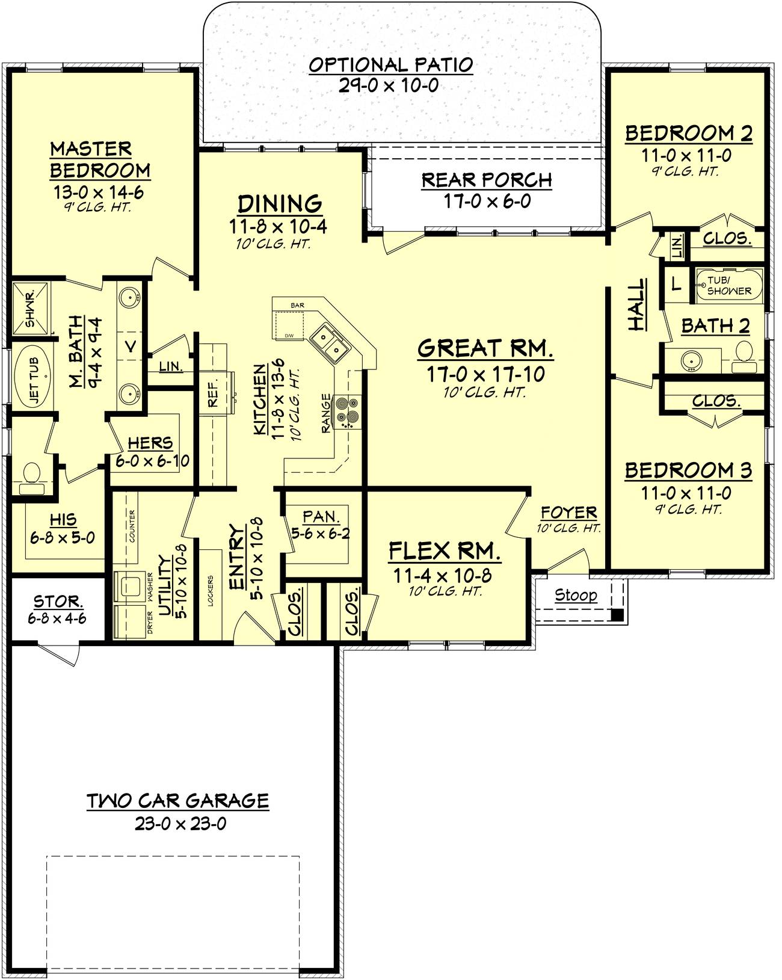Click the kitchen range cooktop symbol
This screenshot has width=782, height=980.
coord(348,411)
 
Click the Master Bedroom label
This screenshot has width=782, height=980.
coord(100,159)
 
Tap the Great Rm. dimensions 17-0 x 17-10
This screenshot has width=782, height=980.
coord(485,374)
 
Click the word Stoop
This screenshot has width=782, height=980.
coord(576,594)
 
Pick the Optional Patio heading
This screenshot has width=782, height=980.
coord(391,64)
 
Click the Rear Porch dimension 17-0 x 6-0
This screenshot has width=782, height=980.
coord(487,201)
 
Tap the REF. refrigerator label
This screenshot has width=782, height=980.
coord(213,393)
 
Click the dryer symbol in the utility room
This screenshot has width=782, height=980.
coord(131,621)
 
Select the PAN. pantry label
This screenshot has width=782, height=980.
coord(322,516)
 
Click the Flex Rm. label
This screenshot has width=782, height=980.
coord(445,550)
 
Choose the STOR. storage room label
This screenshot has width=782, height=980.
coord(58,601)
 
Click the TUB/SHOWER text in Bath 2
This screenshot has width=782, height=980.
coord(728,286)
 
